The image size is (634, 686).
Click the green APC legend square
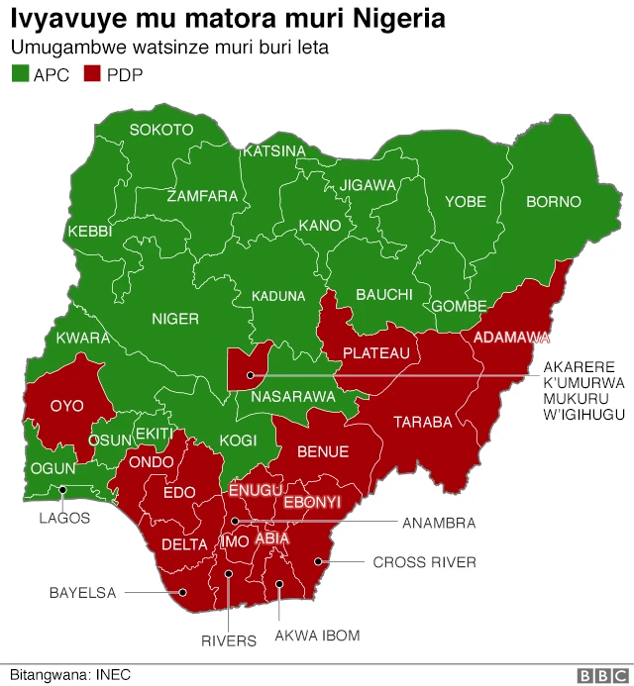pos(20,74)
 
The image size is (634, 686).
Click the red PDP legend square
pos(94,74)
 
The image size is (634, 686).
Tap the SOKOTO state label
pos(161,130)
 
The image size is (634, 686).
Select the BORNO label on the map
pos(553,202)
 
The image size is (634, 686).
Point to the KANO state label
pos(320,226)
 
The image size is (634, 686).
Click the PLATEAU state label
pos(375,353)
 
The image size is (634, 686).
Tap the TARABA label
pos(423,422)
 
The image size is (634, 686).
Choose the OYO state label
pos(67,405)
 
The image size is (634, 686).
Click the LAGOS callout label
pos(64,518)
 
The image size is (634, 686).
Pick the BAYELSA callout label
pos(83,593)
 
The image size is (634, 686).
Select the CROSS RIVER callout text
pos(424,562)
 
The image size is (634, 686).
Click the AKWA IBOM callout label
pos(317,636)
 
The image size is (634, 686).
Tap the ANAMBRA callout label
pos(438,522)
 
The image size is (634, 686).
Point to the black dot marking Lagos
pos(62,489)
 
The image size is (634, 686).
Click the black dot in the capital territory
pos(252,375)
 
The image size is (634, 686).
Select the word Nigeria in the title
pos(386,19)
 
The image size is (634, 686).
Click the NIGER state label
pos(175,319)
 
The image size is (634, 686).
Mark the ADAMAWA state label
pos(511,338)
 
